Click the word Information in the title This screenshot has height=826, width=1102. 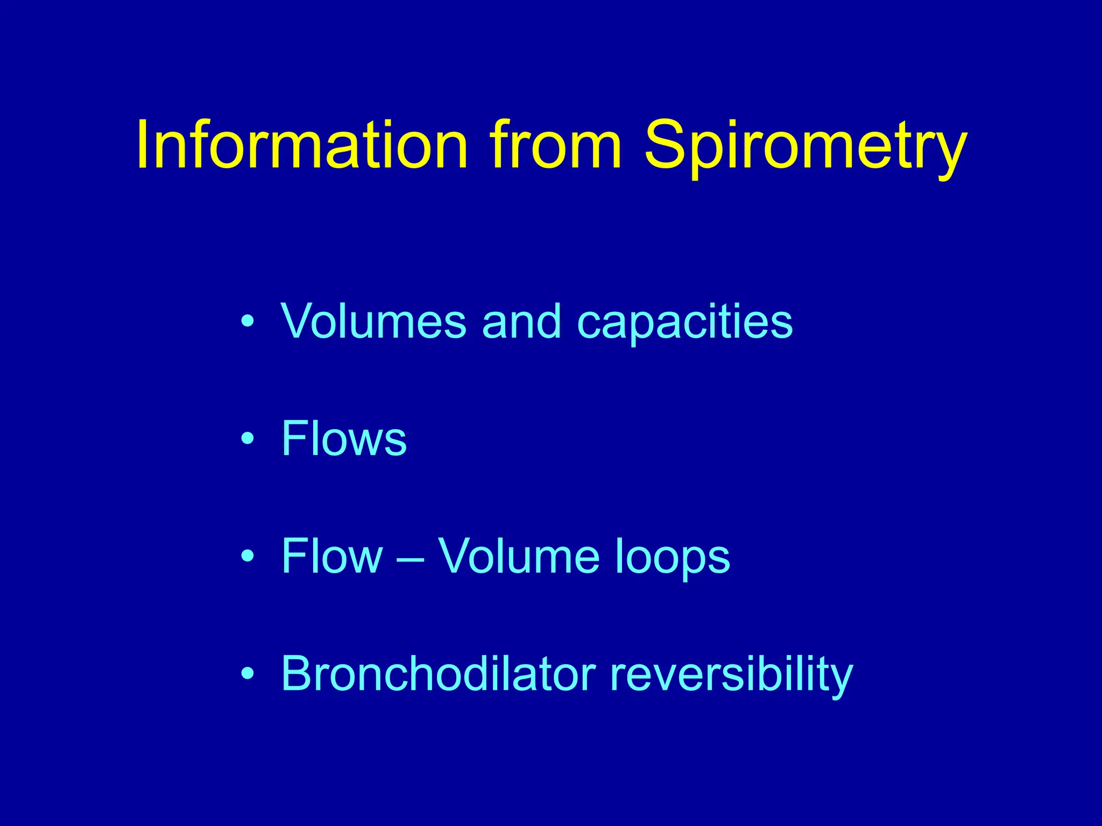coord(301,145)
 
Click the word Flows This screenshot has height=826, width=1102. coord(344,438)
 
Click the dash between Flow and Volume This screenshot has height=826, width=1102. coord(411,559)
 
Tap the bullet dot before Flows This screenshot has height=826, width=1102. coord(247,439)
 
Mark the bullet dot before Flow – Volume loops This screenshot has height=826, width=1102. coord(247,556)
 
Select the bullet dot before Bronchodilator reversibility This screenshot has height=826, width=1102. coord(247,673)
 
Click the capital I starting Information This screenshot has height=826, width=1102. coord(143,144)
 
